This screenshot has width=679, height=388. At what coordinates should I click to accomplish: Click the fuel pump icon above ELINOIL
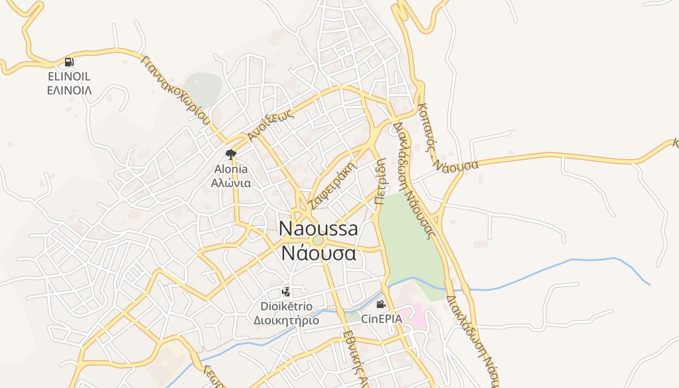point(69,62)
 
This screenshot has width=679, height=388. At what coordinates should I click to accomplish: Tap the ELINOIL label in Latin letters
point(69,77)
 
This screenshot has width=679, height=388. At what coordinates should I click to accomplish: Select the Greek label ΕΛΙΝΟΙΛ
point(69,90)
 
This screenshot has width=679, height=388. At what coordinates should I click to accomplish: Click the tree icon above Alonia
point(231,154)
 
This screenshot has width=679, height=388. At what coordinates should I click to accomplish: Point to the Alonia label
point(231,169)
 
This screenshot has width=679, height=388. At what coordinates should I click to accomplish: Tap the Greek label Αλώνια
point(231,183)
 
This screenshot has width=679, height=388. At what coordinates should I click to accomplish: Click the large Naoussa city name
point(318,228)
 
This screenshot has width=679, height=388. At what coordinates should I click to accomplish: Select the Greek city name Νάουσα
point(319,253)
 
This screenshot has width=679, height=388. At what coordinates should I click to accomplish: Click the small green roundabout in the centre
point(318,241)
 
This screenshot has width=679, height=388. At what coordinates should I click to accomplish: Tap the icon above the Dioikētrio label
point(286,292)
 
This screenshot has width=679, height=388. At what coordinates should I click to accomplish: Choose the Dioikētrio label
point(286,307)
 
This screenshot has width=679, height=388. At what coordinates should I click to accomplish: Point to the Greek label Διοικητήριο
point(286,320)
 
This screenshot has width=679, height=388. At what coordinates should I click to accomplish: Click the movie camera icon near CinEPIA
point(381,305)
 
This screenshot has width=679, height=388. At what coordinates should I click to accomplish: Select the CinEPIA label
point(381,319)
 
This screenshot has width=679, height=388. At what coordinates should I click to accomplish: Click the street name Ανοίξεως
point(271,125)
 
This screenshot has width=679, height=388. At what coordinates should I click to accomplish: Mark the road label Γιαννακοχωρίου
point(176,89)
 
